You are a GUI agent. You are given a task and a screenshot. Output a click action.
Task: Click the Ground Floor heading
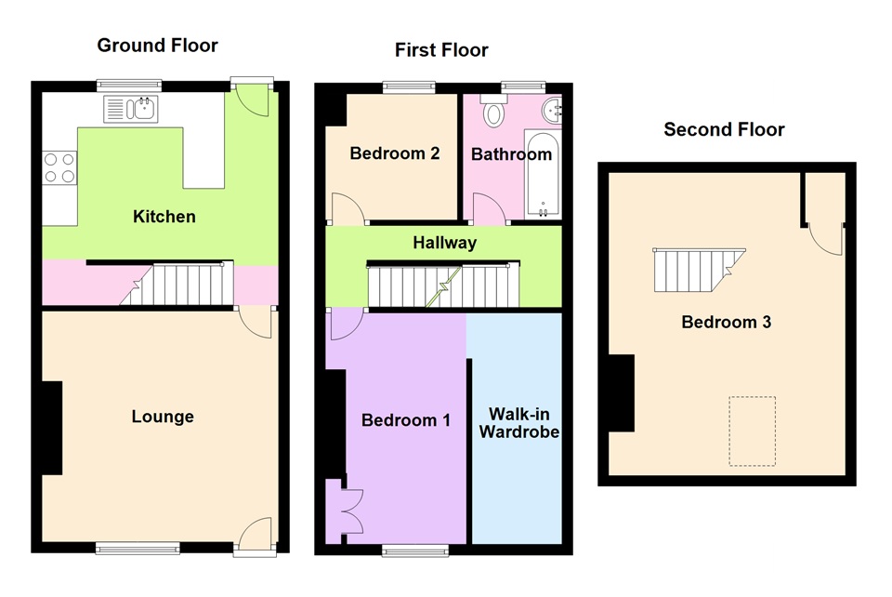point(157,46)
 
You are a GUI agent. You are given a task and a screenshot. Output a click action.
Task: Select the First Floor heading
point(441,50)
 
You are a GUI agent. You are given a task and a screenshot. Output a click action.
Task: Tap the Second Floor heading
point(724,130)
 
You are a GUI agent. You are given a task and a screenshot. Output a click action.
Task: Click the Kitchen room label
point(164,217)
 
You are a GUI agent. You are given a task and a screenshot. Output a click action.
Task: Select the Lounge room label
point(163,417)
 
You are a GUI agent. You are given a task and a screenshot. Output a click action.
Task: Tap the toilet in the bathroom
point(493,114)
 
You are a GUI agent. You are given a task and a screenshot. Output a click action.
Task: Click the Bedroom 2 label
point(394,153)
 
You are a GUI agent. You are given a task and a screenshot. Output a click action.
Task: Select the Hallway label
point(444,243)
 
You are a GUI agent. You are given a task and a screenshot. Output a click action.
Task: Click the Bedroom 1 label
point(405,420)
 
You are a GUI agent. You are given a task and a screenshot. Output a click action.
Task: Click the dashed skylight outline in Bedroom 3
point(752,431)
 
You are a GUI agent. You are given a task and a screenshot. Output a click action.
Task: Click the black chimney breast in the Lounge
point(51,428)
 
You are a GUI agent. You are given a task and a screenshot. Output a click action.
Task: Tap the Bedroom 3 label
point(727,323)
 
